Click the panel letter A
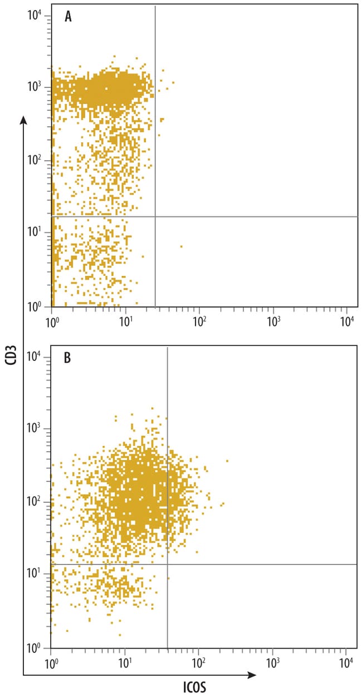coord(69,17)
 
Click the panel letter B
coord(67,358)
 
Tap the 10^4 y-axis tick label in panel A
coord(35,16)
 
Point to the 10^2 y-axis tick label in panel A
coord(35,161)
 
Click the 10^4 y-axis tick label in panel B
coord(35,356)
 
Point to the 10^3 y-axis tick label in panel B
coord(35,429)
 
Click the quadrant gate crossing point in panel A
coord(154,216)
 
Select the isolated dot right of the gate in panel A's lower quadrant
coord(181,246)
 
